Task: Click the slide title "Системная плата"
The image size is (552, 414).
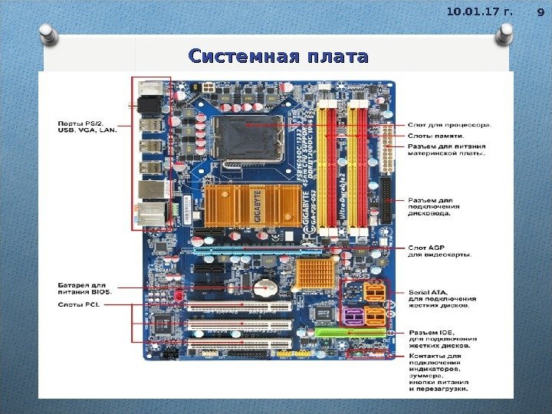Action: (278, 57)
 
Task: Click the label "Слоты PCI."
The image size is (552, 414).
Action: (80, 304)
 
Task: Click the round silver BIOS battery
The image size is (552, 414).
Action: (265, 287)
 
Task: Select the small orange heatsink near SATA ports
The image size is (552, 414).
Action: (314, 273)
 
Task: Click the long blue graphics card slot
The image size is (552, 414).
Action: (257, 250)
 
